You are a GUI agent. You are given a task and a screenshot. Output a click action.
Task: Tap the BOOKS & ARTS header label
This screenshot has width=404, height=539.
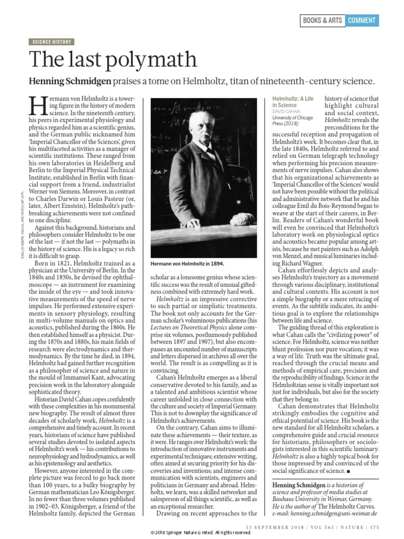tap(322, 21)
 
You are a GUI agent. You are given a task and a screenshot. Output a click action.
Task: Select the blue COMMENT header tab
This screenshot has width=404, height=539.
tap(362, 21)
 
